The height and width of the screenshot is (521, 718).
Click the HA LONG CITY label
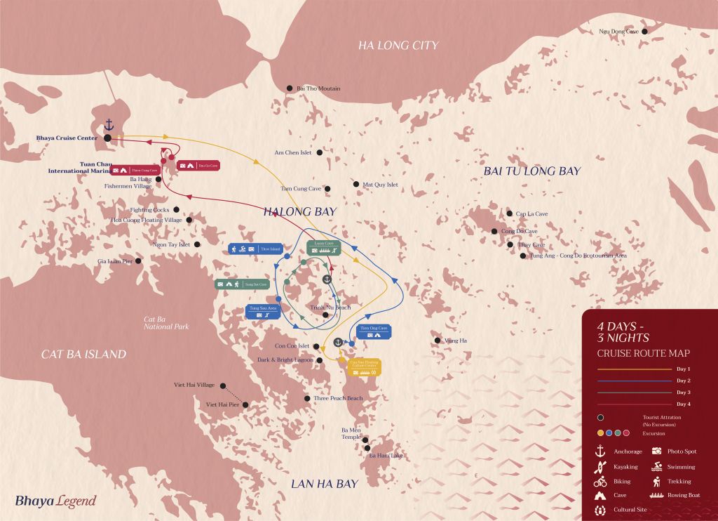click(398, 46)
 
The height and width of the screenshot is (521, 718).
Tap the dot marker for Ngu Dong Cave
click(644, 32)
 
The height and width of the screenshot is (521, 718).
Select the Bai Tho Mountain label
click(318, 88)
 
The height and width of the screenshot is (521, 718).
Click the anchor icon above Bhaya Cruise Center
click(109, 125)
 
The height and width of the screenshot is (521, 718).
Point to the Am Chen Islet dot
click(320, 152)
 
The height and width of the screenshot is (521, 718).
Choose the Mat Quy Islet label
click(380, 185)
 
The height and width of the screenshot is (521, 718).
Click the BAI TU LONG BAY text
click(532, 171)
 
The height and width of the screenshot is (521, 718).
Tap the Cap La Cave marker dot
click(510, 213)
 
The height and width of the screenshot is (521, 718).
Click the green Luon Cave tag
click(323, 246)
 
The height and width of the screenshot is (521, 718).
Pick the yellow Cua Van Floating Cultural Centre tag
click(363, 367)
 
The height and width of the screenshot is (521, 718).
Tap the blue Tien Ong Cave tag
click(373, 331)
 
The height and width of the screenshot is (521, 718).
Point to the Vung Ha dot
click(438, 341)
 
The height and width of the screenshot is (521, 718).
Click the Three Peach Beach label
click(338, 399)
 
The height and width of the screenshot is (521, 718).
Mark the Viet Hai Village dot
click(222, 385)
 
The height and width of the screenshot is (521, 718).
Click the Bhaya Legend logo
click(55, 501)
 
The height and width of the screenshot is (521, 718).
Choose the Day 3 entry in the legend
click(684, 392)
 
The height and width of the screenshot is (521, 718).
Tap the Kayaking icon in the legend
click(600, 466)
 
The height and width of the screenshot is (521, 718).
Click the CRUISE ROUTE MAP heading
click(643, 353)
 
